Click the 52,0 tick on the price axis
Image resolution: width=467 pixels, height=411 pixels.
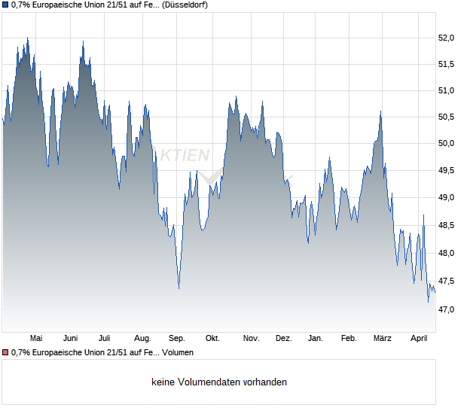[x=447, y=38]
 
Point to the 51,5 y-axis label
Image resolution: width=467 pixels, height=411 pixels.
[x=447, y=64]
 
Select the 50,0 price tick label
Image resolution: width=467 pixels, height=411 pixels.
[x=447, y=144]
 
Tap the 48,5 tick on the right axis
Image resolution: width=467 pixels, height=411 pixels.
[x=447, y=224]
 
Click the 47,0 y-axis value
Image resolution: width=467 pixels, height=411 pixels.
[x=447, y=309]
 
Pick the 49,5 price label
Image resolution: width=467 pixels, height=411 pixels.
[x=447, y=171]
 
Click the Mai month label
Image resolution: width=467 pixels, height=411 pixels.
[x=35, y=338]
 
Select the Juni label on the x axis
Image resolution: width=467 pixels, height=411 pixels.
[x=71, y=338]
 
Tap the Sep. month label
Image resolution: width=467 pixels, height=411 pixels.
[x=177, y=338]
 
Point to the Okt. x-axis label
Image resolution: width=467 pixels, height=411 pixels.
[x=212, y=338]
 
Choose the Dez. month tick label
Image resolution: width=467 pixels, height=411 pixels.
[x=283, y=338]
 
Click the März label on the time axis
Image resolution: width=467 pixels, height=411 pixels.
[x=383, y=338]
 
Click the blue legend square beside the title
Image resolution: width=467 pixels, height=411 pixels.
[x=5, y=5]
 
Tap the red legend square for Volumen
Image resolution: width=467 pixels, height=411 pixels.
[x=5, y=352]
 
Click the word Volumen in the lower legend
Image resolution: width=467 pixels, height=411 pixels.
[x=178, y=352]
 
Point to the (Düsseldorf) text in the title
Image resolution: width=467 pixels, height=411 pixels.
[x=185, y=5]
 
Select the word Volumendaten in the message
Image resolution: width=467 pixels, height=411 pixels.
[x=207, y=382]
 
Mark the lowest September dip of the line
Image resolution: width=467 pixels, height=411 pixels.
[x=179, y=288]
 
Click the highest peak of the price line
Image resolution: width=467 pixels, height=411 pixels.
[x=27, y=38]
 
